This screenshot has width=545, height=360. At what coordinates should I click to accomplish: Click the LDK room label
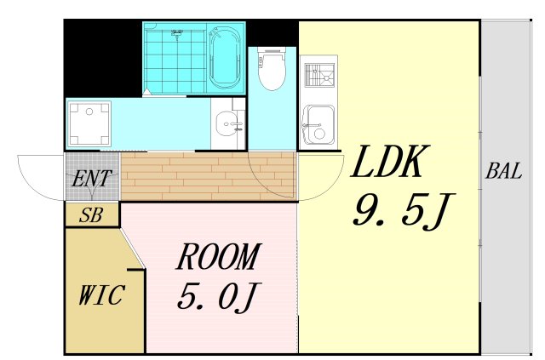coord(390,161)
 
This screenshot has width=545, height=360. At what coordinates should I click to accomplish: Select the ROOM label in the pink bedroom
coord(219,257)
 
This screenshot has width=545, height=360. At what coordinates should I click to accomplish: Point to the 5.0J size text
coord(219,296)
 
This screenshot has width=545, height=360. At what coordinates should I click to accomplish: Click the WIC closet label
coord(101,295)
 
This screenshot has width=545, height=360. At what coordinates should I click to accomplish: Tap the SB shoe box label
coord(91,215)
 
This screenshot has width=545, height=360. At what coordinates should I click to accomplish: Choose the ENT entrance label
coord(92,179)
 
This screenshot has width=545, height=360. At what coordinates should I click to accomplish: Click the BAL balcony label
coord(503,171)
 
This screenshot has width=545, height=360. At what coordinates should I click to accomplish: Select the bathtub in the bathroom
coord(225,58)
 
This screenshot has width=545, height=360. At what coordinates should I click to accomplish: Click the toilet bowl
coord(272,68)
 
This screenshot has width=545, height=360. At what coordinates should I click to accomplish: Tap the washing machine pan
coord(89,123)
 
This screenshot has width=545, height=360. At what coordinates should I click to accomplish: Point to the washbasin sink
coord(227,124)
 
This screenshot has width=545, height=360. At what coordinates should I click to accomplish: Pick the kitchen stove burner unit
coord(319,75)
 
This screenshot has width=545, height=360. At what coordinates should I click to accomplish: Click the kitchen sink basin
coord(318,124)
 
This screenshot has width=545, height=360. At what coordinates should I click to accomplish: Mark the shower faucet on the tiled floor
coord(177,33)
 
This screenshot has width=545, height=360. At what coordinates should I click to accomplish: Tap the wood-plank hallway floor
coord(209,176)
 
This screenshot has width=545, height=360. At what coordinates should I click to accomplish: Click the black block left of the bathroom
coord(103,58)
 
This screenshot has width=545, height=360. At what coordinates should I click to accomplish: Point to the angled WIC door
coord(133,248)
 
